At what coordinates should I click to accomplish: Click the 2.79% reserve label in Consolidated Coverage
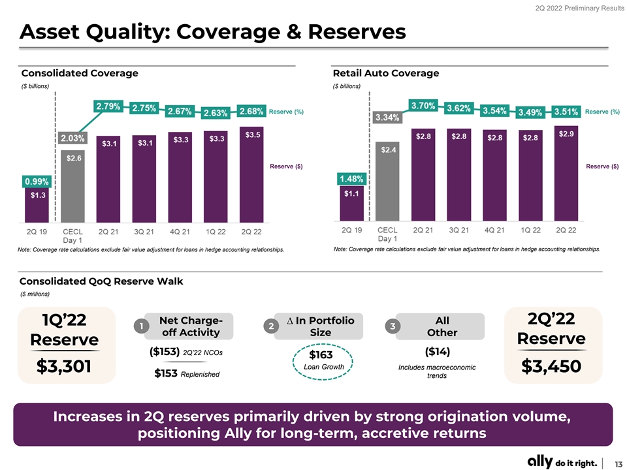point(108,106)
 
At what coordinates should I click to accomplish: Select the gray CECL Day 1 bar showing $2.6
point(72,186)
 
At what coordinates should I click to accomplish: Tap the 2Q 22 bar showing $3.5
point(251,174)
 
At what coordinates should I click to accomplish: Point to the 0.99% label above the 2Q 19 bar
point(37,181)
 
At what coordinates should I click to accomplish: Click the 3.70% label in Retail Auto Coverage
point(423,106)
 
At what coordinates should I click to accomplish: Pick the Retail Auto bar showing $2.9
point(566,174)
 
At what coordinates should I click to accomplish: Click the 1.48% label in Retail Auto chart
point(351,179)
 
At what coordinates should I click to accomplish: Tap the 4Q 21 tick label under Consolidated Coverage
point(180,232)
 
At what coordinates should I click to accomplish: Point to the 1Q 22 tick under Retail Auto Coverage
point(530,230)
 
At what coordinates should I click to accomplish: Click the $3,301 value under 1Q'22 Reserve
point(64,366)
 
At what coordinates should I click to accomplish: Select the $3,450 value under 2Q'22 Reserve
point(551,366)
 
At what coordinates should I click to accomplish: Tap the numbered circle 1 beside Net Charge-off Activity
point(141,326)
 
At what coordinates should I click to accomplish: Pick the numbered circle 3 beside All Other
point(393,326)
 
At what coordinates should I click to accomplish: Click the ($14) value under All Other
point(438,352)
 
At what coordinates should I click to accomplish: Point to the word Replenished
point(200,375)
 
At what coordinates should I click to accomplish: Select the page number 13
point(619,463)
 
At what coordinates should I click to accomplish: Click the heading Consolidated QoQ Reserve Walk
point(101,281)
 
